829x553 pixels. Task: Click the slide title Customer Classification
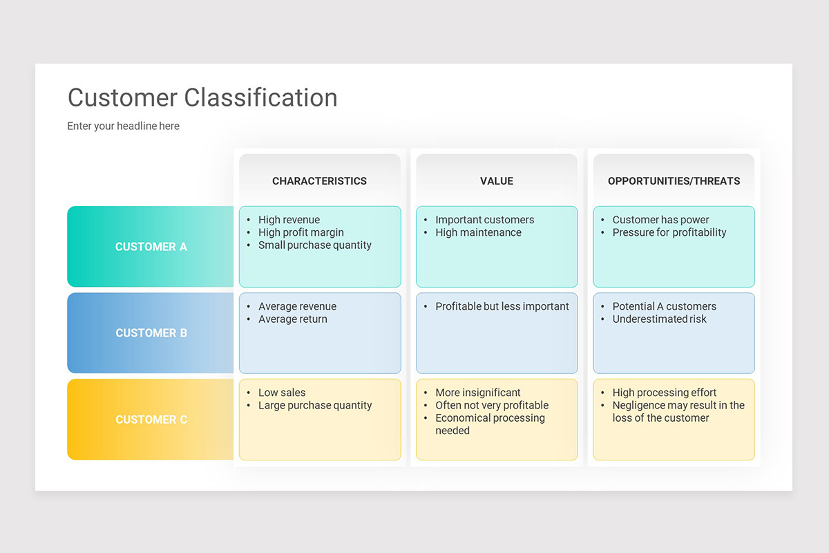(202, 98)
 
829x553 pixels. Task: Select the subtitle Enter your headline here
(123, 126)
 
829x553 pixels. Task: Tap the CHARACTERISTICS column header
(319, 181)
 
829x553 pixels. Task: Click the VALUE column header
(496, 181)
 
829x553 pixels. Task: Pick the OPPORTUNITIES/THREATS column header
(674, 181)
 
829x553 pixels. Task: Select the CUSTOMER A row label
(151, 247)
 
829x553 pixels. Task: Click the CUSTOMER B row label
(151, 333)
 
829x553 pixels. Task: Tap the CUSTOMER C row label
(151, 420)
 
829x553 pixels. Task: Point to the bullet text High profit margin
(301, 233)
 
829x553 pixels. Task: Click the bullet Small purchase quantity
(314, 245)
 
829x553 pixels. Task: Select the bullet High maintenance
(478, 233)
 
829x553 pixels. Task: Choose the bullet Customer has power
(660, 220)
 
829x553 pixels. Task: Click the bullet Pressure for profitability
(669, 233)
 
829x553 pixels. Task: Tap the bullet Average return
(292, 319)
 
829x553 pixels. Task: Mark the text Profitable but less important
(502, 306)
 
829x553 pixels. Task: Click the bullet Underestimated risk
(659, 319)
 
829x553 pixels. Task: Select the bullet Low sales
(282, 393)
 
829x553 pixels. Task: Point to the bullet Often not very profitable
(491, 406)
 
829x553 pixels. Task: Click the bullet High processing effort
(664, 393)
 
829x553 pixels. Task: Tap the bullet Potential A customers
(664, 306)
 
